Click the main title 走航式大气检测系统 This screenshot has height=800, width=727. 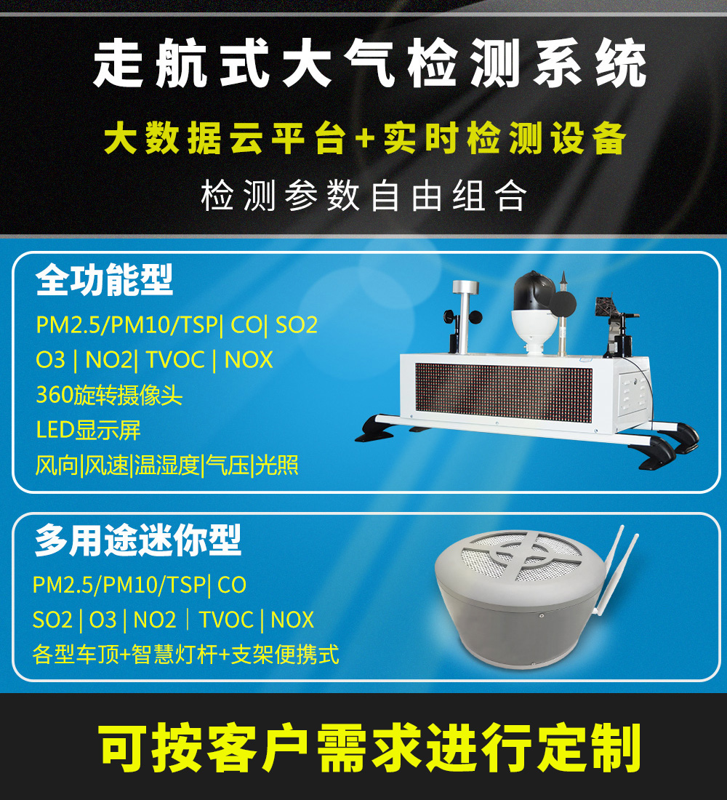[369, 65]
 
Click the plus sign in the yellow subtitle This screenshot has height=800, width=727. [364, 140]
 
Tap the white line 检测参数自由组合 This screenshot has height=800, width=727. [363, 196]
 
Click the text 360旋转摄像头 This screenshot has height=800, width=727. [109, 395]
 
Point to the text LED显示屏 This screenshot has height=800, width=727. [88, 430]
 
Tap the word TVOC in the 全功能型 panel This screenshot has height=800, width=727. [175, 360]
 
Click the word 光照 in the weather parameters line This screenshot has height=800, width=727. [277, 465]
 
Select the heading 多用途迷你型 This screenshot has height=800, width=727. [137, 541]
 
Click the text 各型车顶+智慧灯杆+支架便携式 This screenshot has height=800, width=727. [185, 655]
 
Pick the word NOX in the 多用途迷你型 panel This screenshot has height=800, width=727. [292, 620]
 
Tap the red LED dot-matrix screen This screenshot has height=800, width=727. [504, 393]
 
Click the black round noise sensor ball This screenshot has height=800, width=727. [563, 303]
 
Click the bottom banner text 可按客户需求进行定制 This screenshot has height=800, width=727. [370, 748]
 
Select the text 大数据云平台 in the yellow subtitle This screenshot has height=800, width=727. [225, 139]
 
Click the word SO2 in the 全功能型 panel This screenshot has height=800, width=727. [297, 325]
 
